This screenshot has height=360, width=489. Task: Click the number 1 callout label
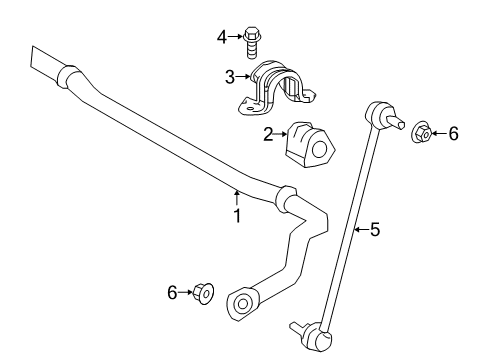[237, 214]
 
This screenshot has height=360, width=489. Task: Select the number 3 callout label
[229, 76]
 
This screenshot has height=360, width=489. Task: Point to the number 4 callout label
[221, 38]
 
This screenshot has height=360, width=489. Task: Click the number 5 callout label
[375, 230]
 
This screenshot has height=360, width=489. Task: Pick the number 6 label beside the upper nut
[453, 133]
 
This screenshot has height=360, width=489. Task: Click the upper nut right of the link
[422, 131]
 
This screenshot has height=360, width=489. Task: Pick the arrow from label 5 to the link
[358, 230]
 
